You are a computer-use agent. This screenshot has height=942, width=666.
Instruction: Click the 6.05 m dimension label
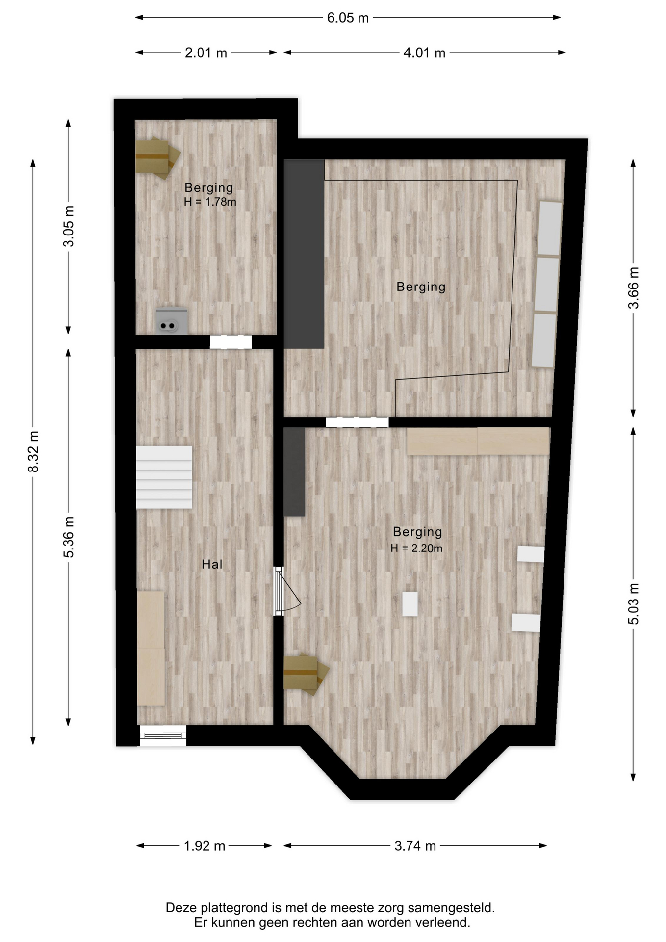point(348,18)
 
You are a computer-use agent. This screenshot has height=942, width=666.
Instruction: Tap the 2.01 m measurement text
point(206,53)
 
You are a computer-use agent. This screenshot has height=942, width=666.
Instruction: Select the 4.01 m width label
point(424,53)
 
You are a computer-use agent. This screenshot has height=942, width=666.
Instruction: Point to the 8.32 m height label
point(33,451)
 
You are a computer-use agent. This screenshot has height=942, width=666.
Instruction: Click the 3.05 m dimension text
point(69,226)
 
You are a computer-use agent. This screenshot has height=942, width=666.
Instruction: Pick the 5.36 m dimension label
point(69,537)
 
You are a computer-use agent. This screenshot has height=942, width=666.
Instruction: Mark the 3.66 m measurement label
point(634,288)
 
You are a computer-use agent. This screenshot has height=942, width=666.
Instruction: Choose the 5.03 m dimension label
point(634,604)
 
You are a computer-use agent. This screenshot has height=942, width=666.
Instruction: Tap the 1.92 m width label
point(205,846)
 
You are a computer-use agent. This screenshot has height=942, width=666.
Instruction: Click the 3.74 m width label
point(415,846)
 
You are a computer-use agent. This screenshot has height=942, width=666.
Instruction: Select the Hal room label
point(212,564)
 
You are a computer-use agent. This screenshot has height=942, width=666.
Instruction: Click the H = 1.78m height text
point(210,202)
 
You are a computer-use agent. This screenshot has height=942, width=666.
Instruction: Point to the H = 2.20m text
point(416,548)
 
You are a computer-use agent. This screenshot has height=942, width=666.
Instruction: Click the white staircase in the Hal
point(164,477)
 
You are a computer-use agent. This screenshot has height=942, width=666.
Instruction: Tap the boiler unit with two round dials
point(171,321)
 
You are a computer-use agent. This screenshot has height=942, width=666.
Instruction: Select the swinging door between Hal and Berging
point(287,591)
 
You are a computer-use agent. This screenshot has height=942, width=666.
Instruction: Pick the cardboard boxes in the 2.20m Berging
point(306,675)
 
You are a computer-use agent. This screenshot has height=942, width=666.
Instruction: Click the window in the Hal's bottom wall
point(163,735)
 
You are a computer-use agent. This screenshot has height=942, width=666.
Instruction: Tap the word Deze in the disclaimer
point(180,908)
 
